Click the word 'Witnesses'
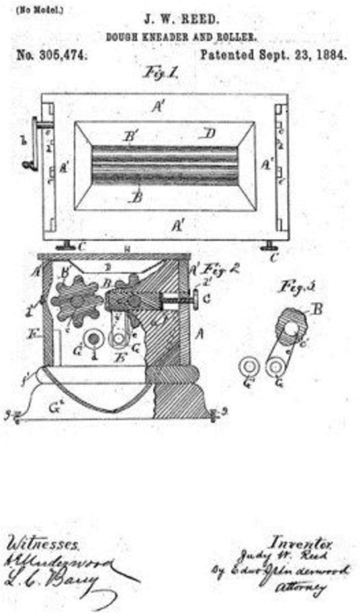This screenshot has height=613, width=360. (42, 543)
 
